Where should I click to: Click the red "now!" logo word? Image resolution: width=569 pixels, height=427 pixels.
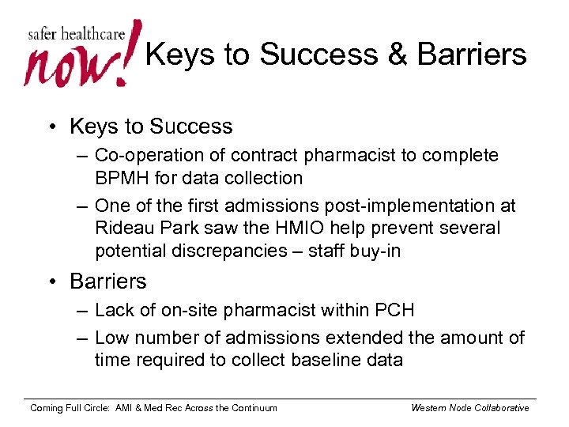point(75,63)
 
